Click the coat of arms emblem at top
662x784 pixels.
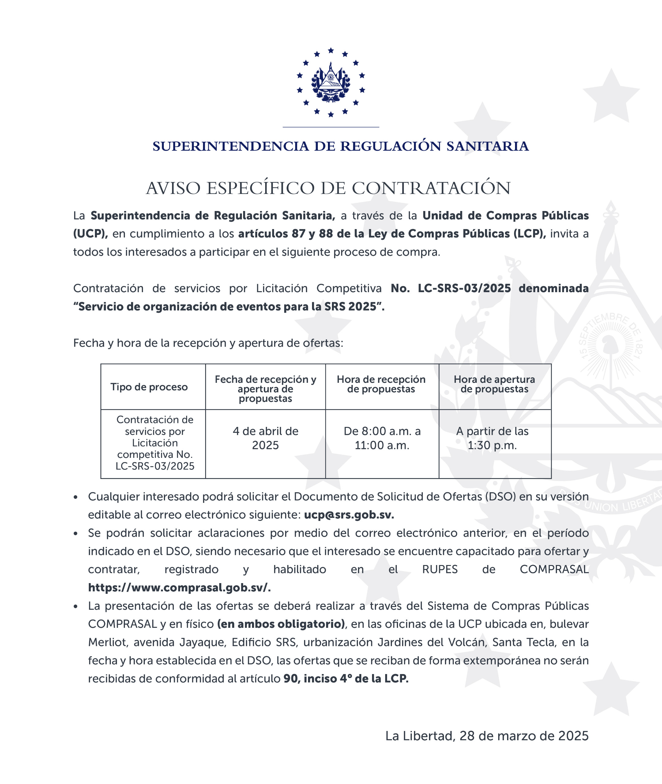[331, 83]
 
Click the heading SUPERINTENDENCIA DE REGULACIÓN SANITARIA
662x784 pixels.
[340, 146]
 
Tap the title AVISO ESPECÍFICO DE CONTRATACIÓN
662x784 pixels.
[328, 188]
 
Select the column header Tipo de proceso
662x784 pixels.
[149, 387]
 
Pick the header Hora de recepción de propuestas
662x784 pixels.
[381, 384]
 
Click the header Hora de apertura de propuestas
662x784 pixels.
[494, 384]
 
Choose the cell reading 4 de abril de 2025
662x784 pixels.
[265, 438]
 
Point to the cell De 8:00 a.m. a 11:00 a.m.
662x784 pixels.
[382, 438]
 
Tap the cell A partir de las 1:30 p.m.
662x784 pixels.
[492, 438]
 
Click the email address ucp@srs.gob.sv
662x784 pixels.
[349, 515]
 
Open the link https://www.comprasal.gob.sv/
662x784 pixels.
[179, 588]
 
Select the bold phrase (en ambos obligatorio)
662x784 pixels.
[281, 624]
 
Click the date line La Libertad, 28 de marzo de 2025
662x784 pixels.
[487, 736]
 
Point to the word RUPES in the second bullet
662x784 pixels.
[440, 569]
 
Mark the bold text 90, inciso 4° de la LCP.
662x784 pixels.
[346, 679]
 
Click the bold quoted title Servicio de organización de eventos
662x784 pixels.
[229, 307]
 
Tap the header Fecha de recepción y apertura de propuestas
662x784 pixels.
[265, 389]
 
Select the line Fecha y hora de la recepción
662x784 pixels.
[208, 343]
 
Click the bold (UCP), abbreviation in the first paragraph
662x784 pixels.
[90, 234]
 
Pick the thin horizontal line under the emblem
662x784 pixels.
[331, 127]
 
